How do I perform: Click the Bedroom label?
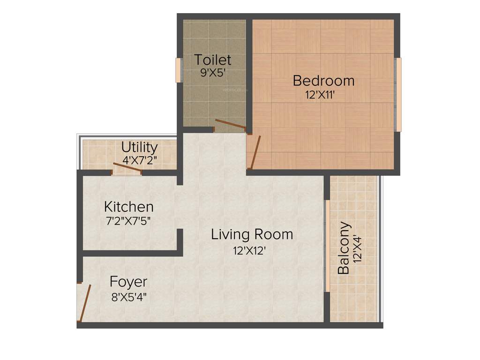pyautogui.click(x=323, y=81)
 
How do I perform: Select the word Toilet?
pyautogui.click(x=213, y=60)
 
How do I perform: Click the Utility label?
pyautogui.click(x=139, y=147)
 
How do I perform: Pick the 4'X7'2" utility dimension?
pyautogui.click(x=139, y=160)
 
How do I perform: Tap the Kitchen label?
pyautogui.click(x=128, y=206)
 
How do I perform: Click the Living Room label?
pyautogui.click(x=252, y=234)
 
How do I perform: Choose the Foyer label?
pyautogui.click(x=128, y=282)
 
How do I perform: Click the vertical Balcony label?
pyautogui.click(x=345, y=247)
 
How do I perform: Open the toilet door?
pyautogui.click(x=229, y=125)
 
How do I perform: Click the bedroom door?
pyautogui.click(x=255, y=151)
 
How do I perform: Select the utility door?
pyautogui.click(x=127, y=168)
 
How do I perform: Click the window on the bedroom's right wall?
pyautogui.click(x=398, y=94)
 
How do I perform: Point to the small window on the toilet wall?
pyautogui.click(x=178, y=70)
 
